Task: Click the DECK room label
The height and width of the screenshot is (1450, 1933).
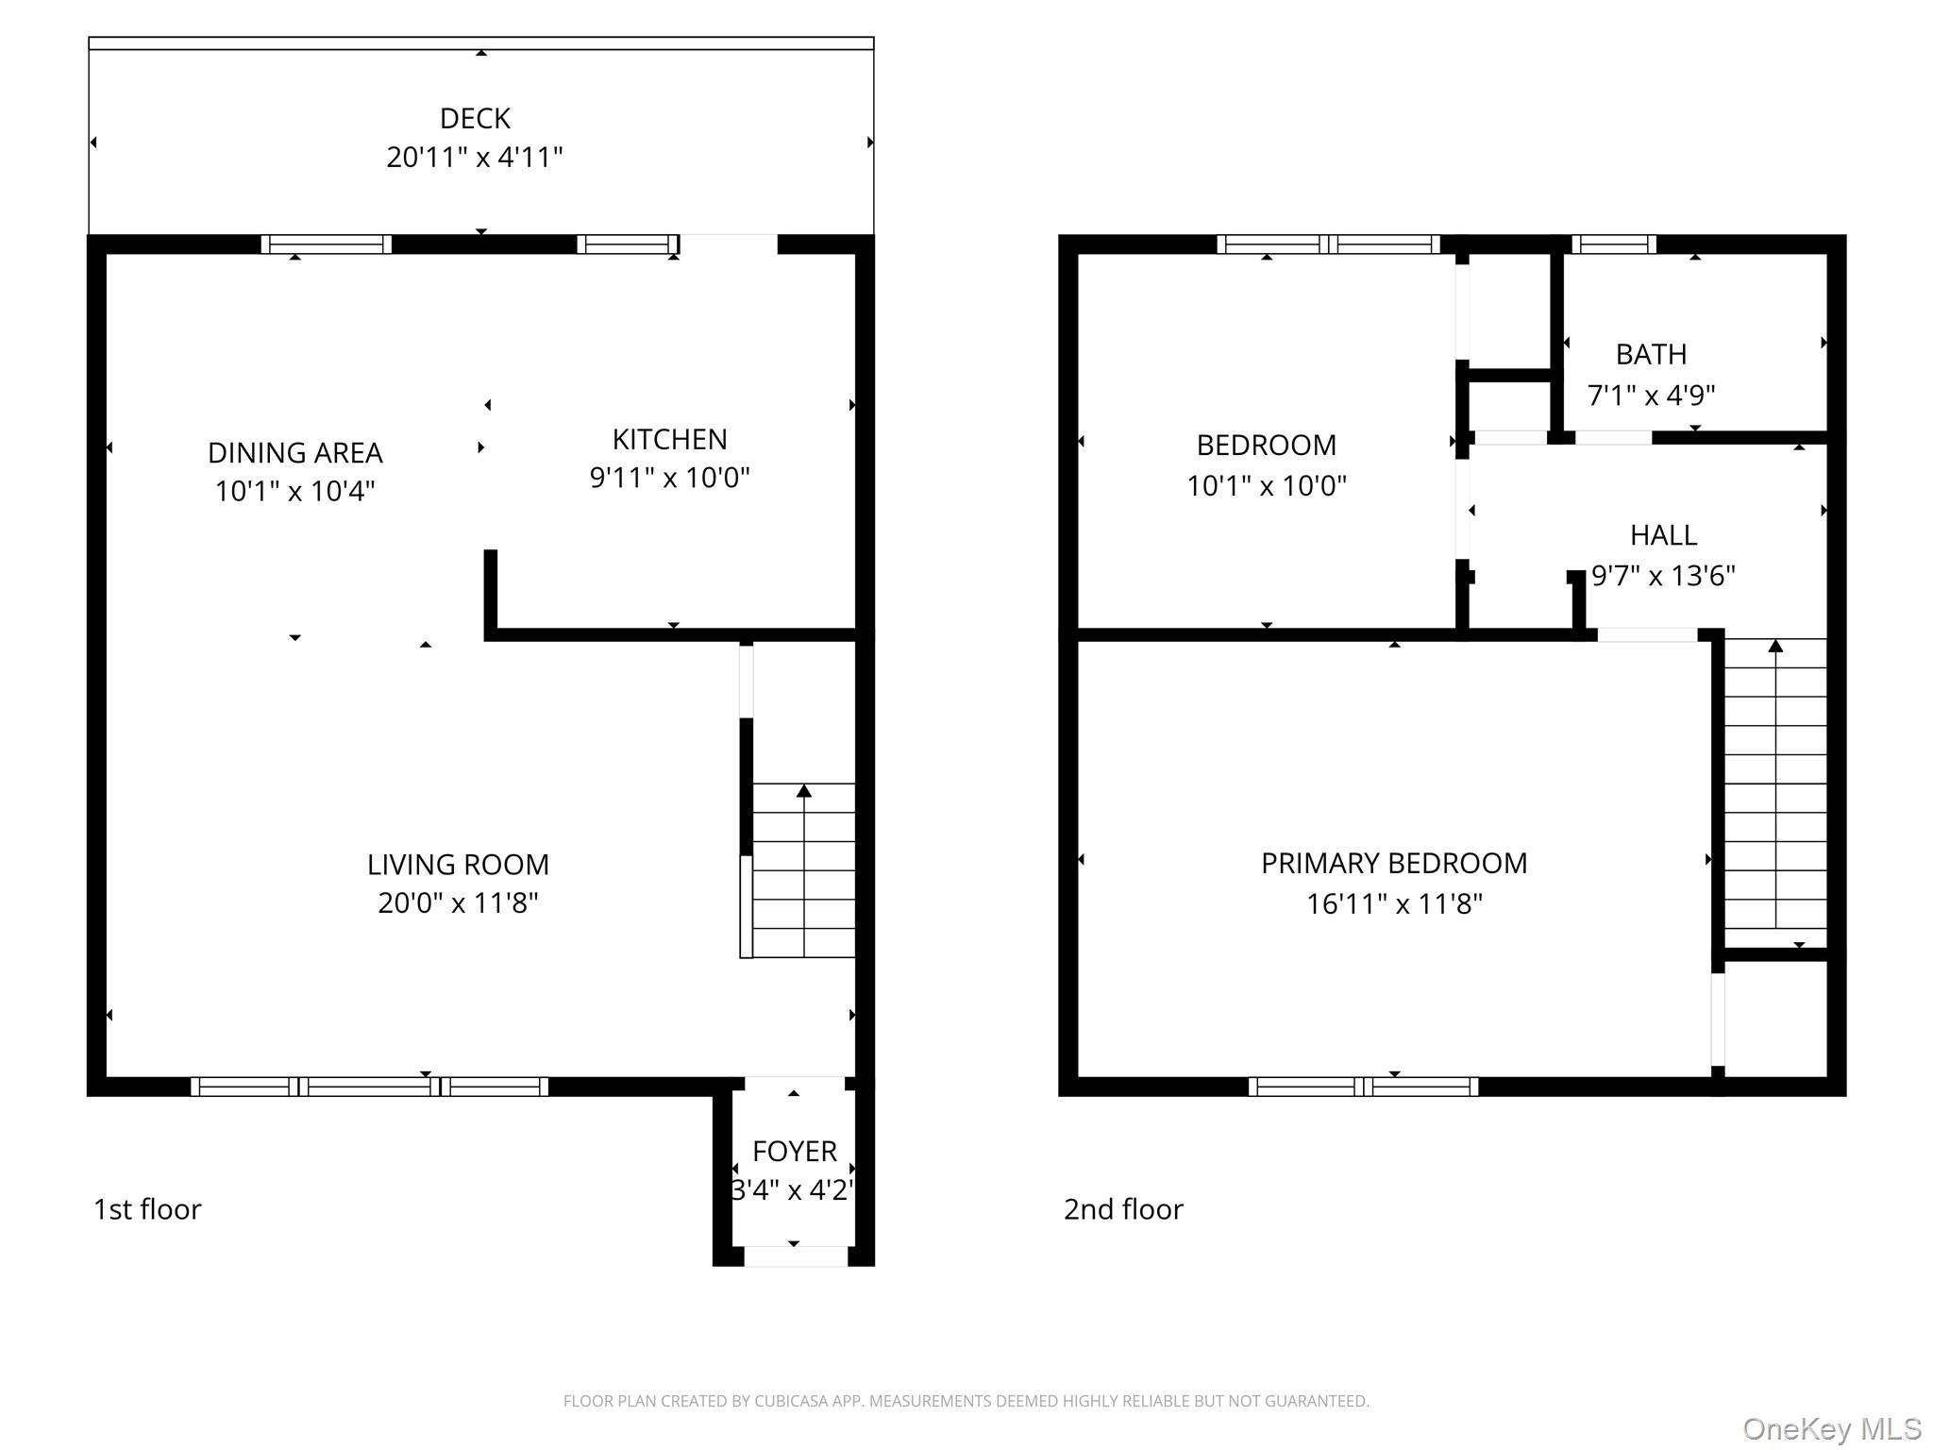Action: (475, 119)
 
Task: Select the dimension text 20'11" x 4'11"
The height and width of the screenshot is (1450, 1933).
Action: (475, 158)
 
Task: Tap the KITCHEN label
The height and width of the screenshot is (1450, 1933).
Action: (669, 440)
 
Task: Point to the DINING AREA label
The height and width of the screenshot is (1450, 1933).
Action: (294, 453)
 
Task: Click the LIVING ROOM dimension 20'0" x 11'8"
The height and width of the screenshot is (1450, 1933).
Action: (458, 903)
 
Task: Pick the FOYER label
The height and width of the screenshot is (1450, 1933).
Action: (794, 1152)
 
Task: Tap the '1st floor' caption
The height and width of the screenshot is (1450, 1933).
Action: (147, 1209)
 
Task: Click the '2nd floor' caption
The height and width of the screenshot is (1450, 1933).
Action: (1123, 1209)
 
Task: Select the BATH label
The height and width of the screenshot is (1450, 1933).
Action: (1651, 355)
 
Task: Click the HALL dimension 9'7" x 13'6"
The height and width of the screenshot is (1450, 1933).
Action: (1663, 576)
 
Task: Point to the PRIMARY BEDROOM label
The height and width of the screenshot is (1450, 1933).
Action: (1394, 864)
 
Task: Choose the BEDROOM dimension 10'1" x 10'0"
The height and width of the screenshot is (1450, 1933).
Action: (1266, 486)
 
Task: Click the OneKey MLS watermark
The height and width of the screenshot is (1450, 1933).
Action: (1832, 1429)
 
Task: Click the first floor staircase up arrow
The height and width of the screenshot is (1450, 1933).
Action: (804, 791)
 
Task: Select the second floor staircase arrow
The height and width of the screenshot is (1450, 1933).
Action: (1775, 647)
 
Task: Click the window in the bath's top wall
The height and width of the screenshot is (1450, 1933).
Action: (1613, 244)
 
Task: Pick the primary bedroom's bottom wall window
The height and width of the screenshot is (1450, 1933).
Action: (1363, 1087)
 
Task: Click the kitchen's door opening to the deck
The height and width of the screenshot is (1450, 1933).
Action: (728, 244)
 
